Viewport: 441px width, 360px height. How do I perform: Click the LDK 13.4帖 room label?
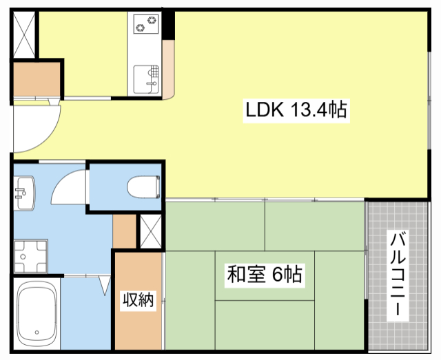click(296, 110)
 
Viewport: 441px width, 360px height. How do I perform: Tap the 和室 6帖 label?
click(265, 274)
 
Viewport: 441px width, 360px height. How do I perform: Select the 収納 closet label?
click(138, 300)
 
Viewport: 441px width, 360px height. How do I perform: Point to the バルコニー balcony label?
click(398, 275)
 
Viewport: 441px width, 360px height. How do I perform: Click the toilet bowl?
click(143, 187)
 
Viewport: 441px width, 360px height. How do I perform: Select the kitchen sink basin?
click(146, 79)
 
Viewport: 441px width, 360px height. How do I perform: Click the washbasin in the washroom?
click(25, 193)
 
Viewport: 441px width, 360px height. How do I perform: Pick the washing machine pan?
click(31, 256)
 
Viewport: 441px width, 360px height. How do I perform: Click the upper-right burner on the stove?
click(152, 20)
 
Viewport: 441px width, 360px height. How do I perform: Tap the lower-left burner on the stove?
click(140, 28)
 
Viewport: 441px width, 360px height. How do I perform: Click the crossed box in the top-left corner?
click(24, 35)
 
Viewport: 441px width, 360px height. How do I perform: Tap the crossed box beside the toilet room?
click(151, 231)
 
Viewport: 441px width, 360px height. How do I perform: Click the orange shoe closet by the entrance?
click(37, 79)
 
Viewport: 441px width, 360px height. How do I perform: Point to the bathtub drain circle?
click(37, 332)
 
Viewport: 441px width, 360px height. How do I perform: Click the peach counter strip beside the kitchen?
click(168, 70)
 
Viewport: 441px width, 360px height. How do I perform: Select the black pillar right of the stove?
click(168, 25)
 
